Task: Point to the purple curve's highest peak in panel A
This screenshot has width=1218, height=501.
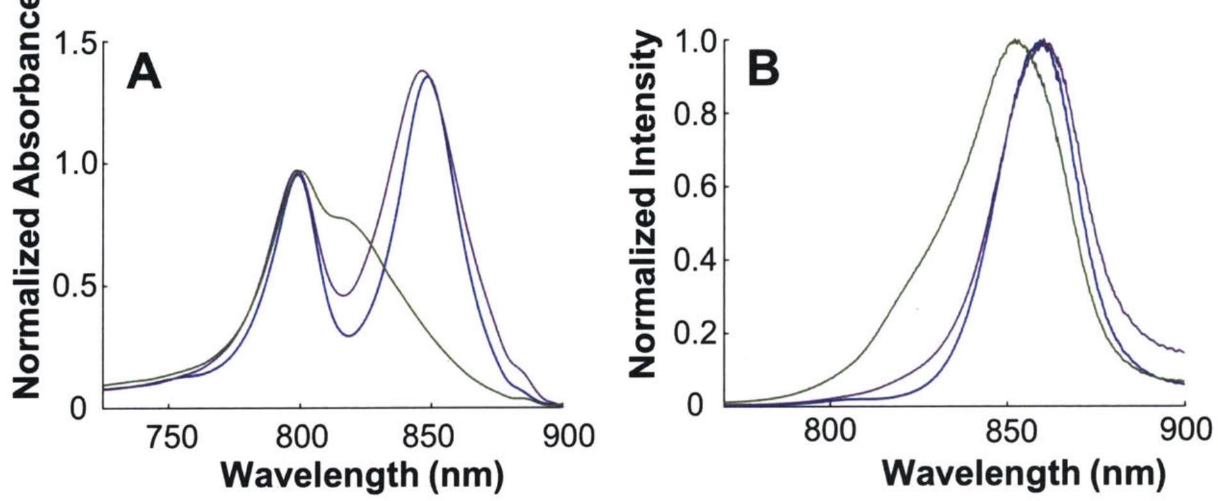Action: click(421, 71)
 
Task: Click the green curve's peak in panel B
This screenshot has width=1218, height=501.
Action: click(1015, 40)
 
